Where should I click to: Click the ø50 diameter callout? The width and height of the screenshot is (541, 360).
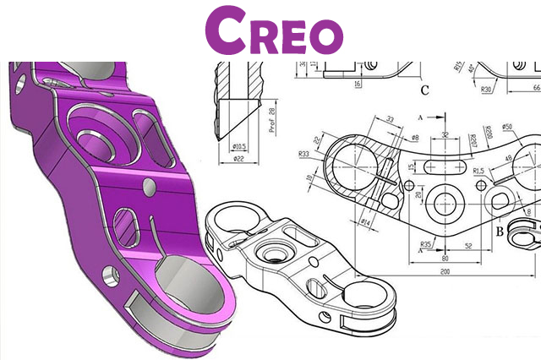click(x=508, y=128)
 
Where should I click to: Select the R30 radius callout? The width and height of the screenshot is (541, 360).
click(x=487, y=85)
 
